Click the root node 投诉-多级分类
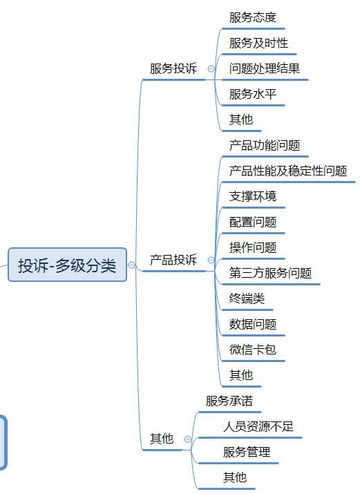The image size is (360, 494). click(67, 265)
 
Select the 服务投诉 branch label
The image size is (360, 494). click(173, 68)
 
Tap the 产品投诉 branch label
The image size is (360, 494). click(173, 260)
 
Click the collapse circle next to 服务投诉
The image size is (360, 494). click(211, 68)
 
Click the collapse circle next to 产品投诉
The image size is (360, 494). click(211, 260)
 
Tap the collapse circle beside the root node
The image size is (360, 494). click(131, 265)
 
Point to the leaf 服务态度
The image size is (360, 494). click(253, 17)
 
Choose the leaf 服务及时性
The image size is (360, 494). click(258, 43)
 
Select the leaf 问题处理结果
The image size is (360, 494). click(265, 68)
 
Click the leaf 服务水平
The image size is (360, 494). click(253, 94)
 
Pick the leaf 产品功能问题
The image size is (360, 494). click(265, 145)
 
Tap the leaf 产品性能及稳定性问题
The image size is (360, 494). click(288, 171)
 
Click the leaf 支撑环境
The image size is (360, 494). click(253, 196)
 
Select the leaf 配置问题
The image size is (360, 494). click(253, 222)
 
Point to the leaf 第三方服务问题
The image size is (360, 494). click(271, 273)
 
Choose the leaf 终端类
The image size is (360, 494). click(247, 298)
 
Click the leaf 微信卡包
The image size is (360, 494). click(253, 350)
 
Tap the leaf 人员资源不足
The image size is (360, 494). click(258, 426)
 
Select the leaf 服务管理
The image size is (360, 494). click(247, 452)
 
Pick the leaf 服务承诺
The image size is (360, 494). click(229, 401)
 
